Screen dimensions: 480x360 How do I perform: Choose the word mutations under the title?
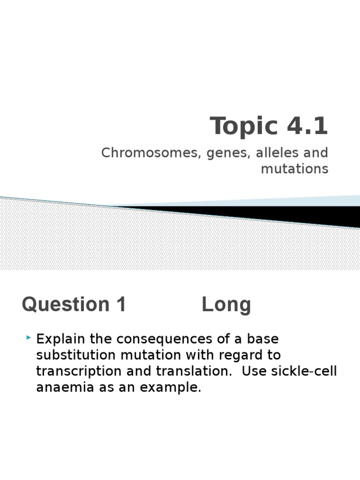point(294,169)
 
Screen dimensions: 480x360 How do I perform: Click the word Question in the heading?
point(61,305)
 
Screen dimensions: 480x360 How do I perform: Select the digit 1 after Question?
point(120,305)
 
